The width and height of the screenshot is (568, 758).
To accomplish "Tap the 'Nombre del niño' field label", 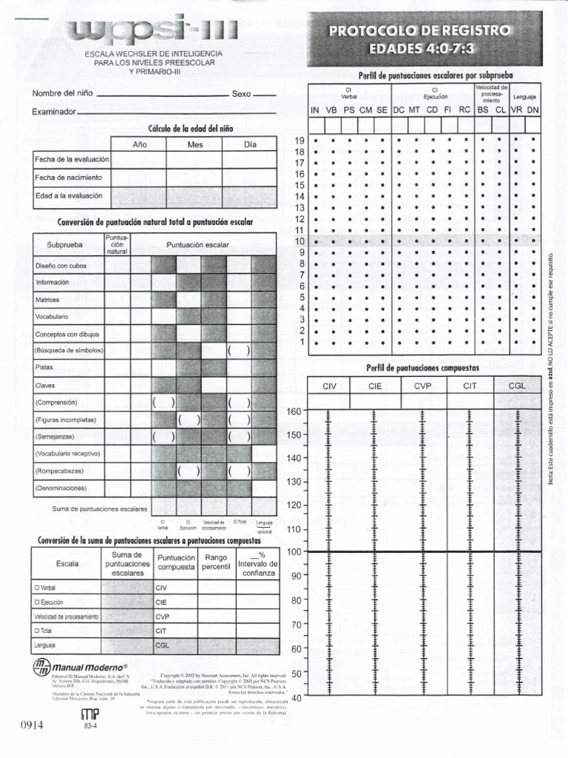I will tap(62, 93).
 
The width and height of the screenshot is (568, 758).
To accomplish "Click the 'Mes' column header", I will tap(195, 145).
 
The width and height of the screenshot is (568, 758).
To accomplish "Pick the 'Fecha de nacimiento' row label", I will tap(69, 178).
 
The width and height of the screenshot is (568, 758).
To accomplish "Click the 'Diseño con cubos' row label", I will tap(61, 265).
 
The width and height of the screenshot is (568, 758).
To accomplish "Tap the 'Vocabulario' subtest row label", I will tap(53, 316).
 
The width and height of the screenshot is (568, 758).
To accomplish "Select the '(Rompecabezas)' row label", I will tap(59, 471).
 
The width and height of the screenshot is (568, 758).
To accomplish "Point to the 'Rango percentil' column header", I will tap(216, 562).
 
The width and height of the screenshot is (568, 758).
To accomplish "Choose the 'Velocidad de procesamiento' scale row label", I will tap(66, 617).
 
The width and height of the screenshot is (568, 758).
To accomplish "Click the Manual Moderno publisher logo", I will tap(81, 668).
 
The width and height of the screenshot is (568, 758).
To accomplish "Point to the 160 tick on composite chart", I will tap(294, 412).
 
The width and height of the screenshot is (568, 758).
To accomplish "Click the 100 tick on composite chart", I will tap(294, 551).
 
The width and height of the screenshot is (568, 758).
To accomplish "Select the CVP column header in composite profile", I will tap(422, 386).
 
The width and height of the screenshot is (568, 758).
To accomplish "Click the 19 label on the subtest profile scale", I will tap(300, 140).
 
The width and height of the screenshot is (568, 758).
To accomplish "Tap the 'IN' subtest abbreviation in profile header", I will tap(315, 110).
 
